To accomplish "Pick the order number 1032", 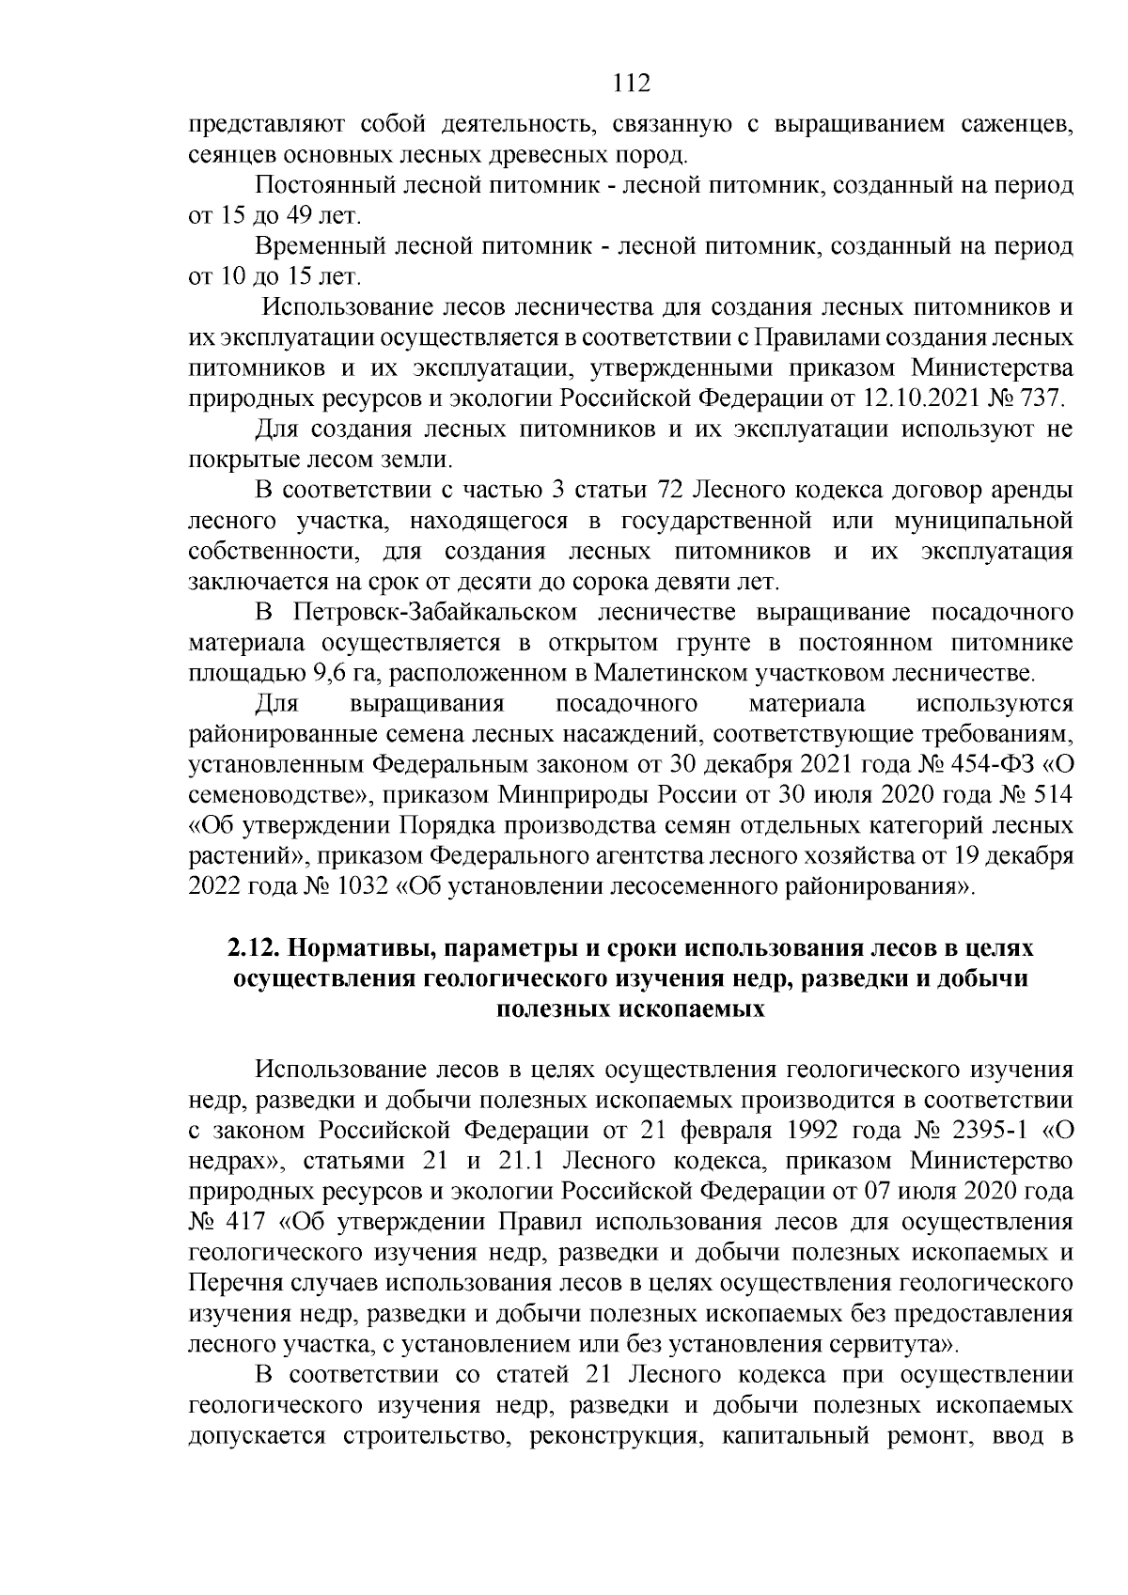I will click(363, 886).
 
